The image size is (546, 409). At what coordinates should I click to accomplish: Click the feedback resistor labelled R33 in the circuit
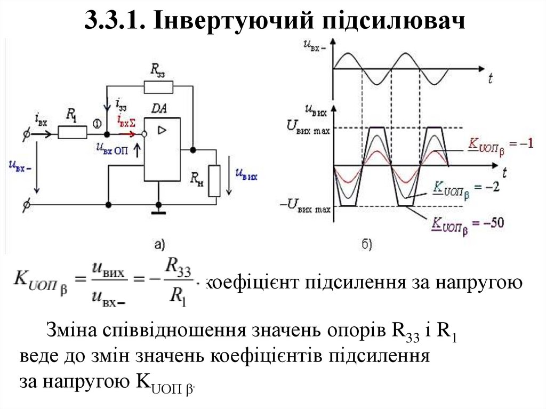pyautogui.click(x=158, y=86)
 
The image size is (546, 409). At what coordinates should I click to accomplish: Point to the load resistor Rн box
pyautogui.click(x=214, y=181)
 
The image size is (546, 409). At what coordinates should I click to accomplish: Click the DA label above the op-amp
pyautogui.click(x=159, y=109)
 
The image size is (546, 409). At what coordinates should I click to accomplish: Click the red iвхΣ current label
pyautogui.click(x=126, y=123)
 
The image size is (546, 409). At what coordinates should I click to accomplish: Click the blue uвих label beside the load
pyautogui.click(x=246, y=174)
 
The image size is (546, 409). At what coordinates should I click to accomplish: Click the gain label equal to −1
pyautogui.click(x=500, y=144)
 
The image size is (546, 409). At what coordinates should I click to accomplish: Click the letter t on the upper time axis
pyautogui.click(x=490, y=78)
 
